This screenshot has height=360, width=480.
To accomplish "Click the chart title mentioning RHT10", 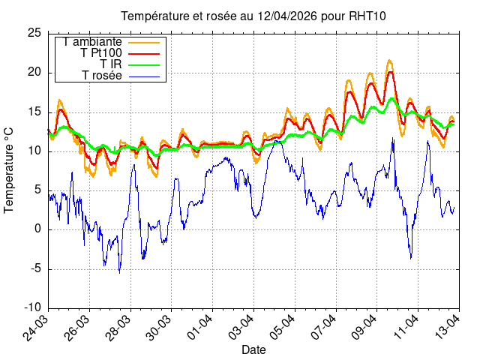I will click(x=253, y=16).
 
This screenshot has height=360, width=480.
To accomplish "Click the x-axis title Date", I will click(x=253, y=349).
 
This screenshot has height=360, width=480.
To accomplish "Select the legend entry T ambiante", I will click(x=92, y=42).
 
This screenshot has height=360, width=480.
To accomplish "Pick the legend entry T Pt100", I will click(x=100, y=53).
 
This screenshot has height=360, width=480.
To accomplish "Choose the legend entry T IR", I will click(x=110, y=64).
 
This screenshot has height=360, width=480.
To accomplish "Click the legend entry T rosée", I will click(x=102, y=76).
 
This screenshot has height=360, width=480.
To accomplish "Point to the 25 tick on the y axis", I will click(x=34, y=33).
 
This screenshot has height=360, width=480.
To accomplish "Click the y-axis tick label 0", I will click(x=37, y=229).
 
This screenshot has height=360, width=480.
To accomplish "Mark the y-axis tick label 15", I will click(x=34, y=112).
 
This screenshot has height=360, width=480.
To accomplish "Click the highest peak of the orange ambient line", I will click(x=389, y=61).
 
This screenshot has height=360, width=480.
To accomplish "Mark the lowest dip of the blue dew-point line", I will click(x=119, y=272).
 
